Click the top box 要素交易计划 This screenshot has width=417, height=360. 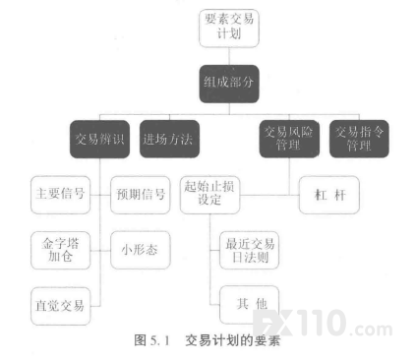tap(229, 29)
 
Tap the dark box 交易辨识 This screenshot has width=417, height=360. tap(99, 139)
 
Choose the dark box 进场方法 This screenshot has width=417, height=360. tap(169, 139)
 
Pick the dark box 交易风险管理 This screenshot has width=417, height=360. tap(289, 139)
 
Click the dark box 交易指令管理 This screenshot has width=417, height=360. tap(359, 139)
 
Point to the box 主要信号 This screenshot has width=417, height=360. tap(60, 195)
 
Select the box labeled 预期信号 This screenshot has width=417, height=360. tap(141, 195)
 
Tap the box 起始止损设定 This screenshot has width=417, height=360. tap(209, 195)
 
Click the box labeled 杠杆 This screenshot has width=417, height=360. tap(329, 195)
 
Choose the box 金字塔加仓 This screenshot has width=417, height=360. tap(60, 251)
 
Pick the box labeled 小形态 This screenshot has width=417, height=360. tap(141, 250)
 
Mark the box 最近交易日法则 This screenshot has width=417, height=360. tap(249, 251)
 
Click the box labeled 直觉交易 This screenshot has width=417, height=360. tap(60, 306)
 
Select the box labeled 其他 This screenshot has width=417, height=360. tap(249, 305)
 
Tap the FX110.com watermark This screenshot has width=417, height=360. tap(323, 323)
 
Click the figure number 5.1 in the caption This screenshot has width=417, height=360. tap(160, 340)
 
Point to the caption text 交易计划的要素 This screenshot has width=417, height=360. tap(232, 340)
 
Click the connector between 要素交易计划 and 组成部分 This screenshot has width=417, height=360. tap(229, 56)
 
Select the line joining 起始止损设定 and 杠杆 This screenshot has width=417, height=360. tap(269, 195)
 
